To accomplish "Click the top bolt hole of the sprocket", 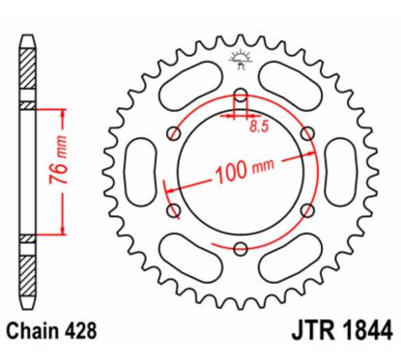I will point(240,100).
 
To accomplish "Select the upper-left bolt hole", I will point(175,133).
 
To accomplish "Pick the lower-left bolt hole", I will point(175,208).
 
